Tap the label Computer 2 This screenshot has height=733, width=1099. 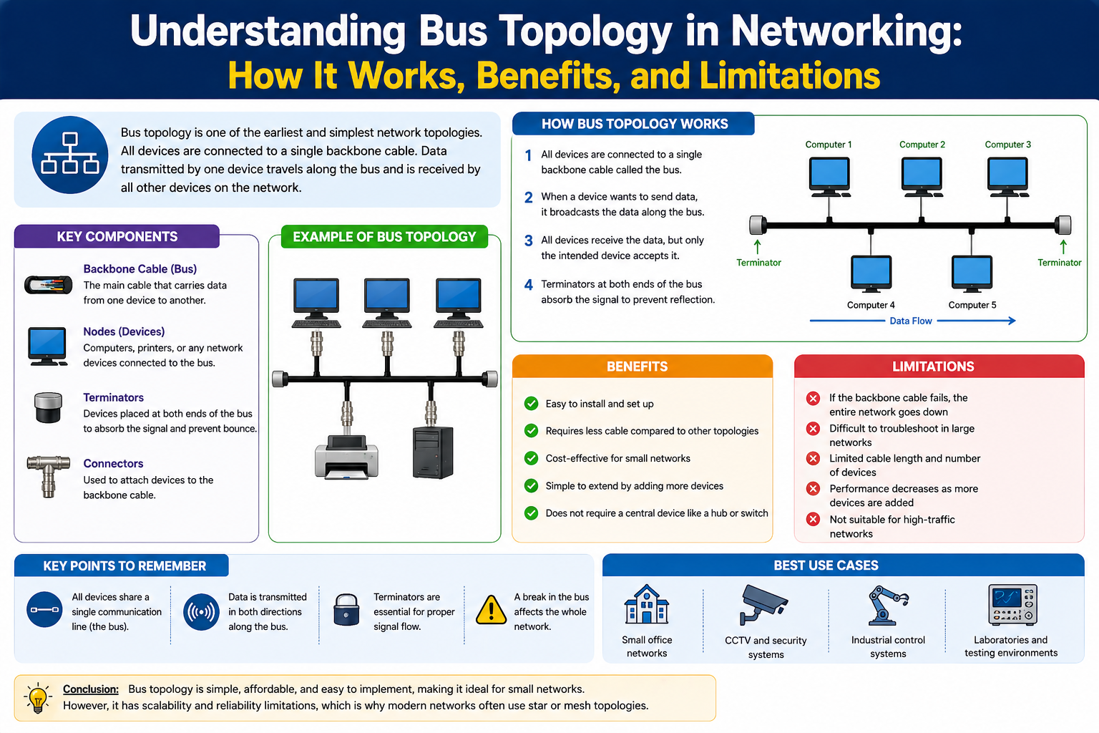922,145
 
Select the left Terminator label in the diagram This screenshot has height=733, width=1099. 758,263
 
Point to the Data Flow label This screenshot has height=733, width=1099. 910,321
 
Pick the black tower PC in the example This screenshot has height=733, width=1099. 433,452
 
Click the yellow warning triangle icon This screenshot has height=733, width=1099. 491,610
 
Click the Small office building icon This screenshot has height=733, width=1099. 646,605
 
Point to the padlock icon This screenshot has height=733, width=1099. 346,611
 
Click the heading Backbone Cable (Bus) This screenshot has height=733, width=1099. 140,269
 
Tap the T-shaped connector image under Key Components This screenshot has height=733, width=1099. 49,475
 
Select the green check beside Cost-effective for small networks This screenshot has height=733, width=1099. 531,458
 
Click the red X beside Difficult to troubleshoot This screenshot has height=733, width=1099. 813,429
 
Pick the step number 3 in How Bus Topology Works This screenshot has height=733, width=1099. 528,241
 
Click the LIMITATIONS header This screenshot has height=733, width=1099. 932,366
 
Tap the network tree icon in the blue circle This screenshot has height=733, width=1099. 70,155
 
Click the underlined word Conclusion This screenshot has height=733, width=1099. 91,689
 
